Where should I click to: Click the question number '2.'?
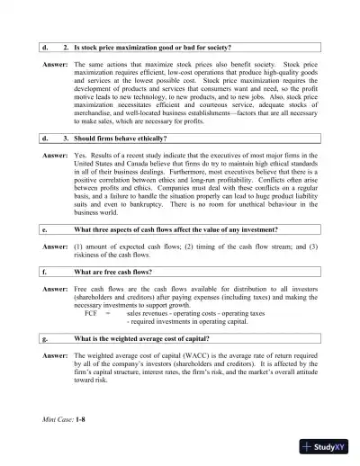67,46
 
